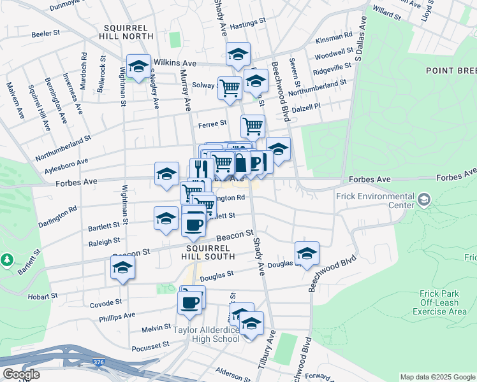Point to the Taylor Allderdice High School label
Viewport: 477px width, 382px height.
(x=207, y=334)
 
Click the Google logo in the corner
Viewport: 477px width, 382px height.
(x=21, y=374)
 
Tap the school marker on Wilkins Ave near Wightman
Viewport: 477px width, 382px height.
(x=138, y=66)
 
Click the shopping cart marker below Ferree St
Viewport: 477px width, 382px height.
(x=253, y=127)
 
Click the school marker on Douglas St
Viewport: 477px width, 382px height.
(x=307, y=254)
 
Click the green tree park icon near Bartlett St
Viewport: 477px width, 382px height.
(x=7, y=260)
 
